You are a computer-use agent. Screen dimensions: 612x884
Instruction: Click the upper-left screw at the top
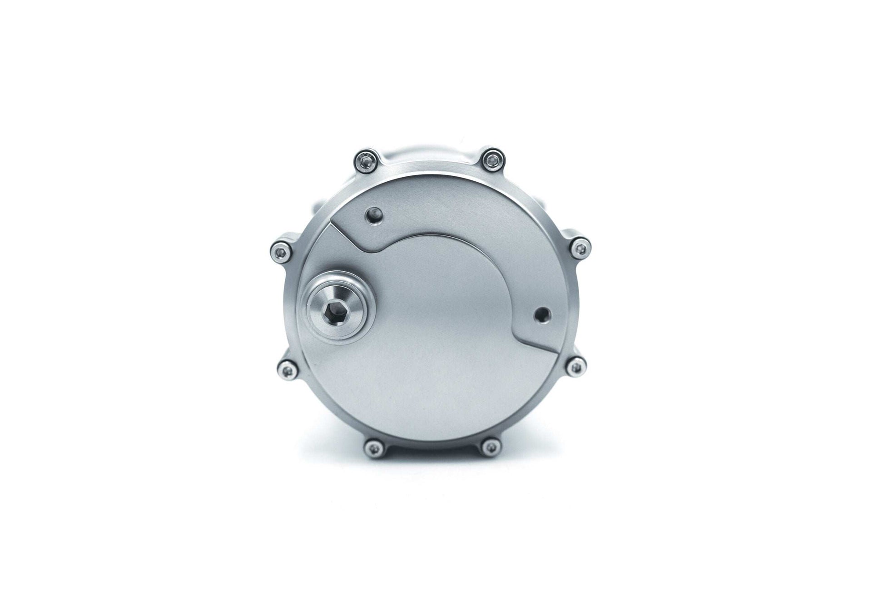pyautogui.click(x=366, y=159)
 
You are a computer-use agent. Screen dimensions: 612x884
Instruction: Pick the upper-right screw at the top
pyautogui.click(x=491, y=159)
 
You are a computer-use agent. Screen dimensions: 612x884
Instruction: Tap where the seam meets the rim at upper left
pyautogui.click(x=328, y=224)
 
